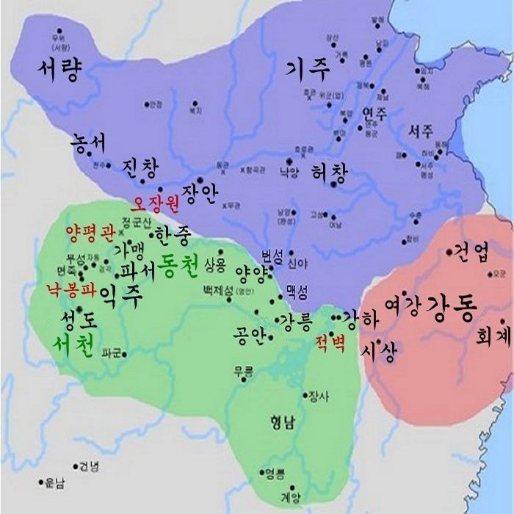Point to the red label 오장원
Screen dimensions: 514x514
155,202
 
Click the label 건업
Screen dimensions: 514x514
471,253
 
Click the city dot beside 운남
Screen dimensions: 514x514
41,482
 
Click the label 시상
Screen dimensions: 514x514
378,353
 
